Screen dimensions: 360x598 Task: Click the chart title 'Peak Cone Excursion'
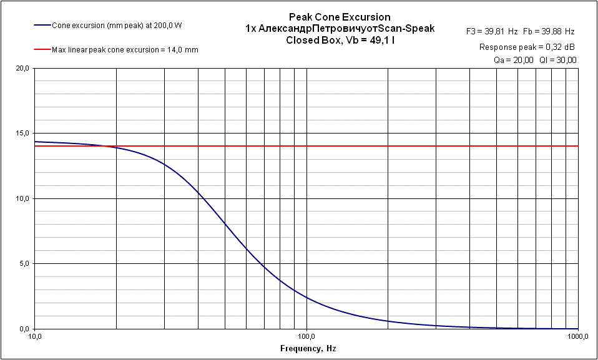pyautogui.click(x=340, y=17)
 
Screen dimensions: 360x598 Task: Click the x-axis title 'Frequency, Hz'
pyautogui.click(x=307, y=349)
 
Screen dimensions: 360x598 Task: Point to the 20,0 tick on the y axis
pyautogui.click(x=22, y=68)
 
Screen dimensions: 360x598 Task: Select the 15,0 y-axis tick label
pyautogui.click(x=22, y=134)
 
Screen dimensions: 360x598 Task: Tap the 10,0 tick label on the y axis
pyautogui.click(x=22, y=198)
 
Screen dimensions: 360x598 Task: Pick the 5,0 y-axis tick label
pyautogui.click(x=24, y=263)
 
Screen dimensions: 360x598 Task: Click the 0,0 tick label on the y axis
pyautogui.click(x=24, y=329)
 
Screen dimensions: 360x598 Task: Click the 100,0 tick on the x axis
pyautogui.click(x=306, y=336)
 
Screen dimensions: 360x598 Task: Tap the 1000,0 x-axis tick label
pyautogui.click(x=578, y=336)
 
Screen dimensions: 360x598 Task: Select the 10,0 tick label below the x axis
pyautogui.click(x=35, y=336)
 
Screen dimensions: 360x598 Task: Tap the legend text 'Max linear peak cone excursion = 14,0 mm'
pyautogui.click(x=125, y=49)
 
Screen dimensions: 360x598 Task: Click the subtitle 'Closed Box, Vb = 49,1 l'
pyautogui.click(x=340, y=39)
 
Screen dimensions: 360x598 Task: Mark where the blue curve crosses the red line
pyautogui.click(x=116, y=146)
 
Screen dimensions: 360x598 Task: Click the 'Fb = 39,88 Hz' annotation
pyautogui.click(x=550, y=31)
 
